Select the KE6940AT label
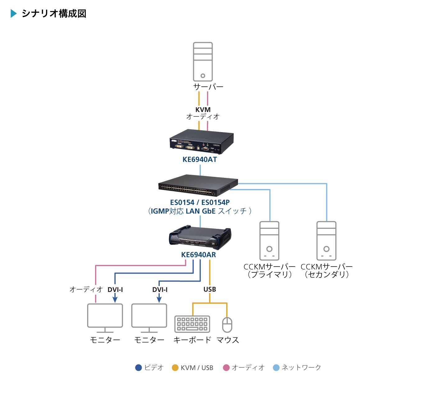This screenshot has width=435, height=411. (200, 159)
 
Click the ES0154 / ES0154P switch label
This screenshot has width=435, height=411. (200, 202)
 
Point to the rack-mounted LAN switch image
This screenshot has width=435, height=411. (198, 185)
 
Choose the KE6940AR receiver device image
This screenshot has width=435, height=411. (200, 238)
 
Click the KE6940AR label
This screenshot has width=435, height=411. (199, 255)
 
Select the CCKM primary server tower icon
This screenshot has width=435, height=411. (269, 241)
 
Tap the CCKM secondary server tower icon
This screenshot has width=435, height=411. (326, 241)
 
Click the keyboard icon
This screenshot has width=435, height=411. (192, 324)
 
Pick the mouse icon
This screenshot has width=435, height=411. (227, 325)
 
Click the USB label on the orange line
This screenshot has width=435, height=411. (210, 289)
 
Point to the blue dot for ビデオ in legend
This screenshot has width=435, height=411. (139, 367)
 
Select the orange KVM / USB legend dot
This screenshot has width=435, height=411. (175, 367)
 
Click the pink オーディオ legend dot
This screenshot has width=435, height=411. (226, 367)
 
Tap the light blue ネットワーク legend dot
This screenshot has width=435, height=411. (276, 367)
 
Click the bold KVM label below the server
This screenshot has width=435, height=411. (203, 110)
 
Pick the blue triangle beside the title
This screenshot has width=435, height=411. (14, 13)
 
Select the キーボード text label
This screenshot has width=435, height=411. (192, 340)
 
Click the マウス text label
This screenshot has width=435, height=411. (228, 340)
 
